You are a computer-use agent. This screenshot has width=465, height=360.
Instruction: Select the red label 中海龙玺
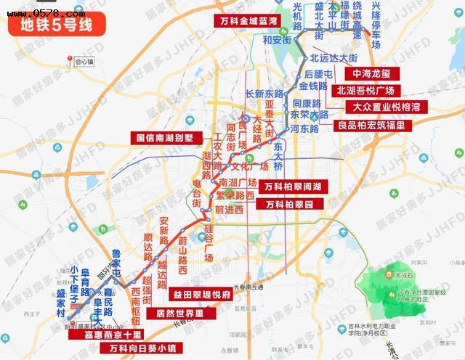(371, 74)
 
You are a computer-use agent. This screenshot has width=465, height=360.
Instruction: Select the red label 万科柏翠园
(289, 205)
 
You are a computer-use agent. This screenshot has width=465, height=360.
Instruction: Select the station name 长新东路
(264, 94)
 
